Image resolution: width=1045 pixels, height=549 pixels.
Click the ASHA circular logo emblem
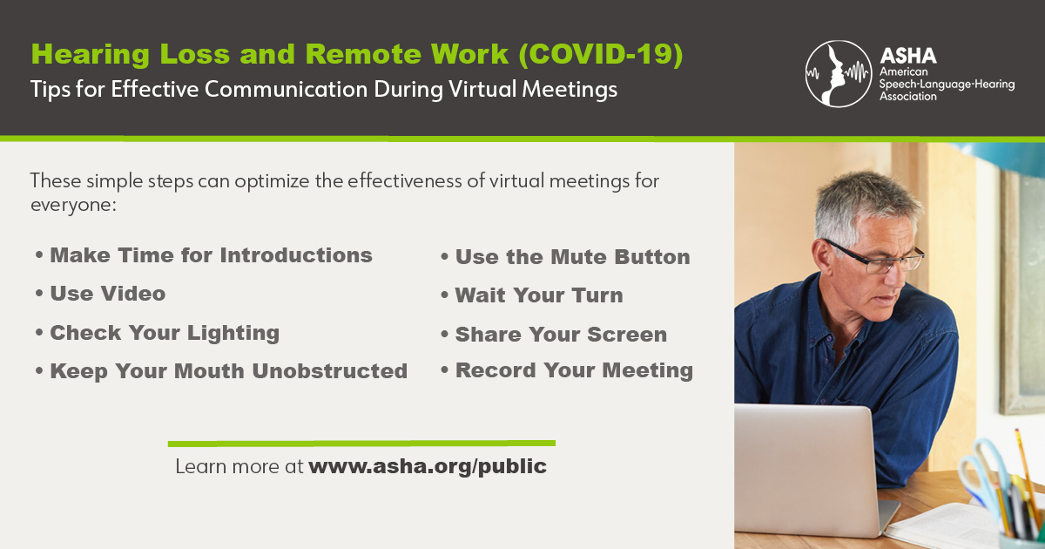point(838,73)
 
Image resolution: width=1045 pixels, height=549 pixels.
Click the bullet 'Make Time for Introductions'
point(211,255)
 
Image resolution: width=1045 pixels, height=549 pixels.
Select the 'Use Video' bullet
point(107,294)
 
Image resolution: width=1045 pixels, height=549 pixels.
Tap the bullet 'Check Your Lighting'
point(164,332)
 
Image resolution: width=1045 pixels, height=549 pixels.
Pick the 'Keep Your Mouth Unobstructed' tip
point(228,370)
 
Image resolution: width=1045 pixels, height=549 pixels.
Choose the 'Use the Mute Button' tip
point(572,257)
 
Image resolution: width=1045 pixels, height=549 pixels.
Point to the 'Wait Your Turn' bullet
point(538,295)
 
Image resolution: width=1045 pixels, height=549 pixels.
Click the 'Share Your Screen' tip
point(561,335)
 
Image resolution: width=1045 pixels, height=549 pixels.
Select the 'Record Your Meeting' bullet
point(574,370)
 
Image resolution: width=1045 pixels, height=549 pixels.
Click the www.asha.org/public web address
point(428,466)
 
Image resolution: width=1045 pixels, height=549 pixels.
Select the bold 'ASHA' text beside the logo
point(908,54)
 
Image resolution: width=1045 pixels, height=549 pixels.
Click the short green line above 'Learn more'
point(361,443)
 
